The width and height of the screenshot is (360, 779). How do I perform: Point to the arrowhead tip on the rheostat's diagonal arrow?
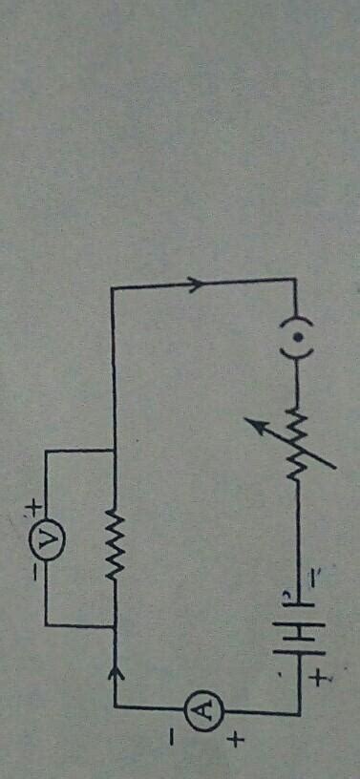click(x=252, y=417)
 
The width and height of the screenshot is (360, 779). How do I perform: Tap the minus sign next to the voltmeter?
click(x=34, y=574)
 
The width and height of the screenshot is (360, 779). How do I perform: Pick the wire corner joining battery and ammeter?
click(x=299, y=710)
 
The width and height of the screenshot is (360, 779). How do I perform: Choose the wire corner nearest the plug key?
click(x=299, y=280)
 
